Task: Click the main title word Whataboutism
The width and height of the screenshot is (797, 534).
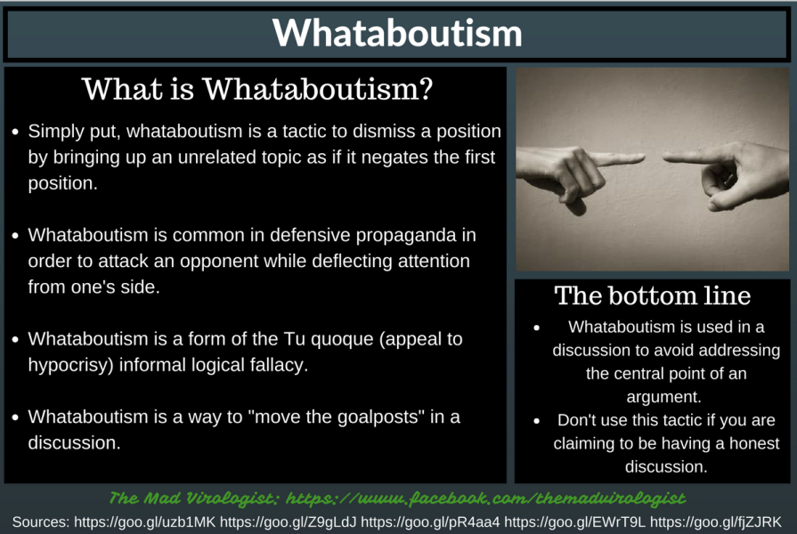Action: coord(397,33)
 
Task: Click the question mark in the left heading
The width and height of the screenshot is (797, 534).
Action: coord(426,89)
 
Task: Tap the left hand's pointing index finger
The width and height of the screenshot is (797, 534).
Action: coord(618,159)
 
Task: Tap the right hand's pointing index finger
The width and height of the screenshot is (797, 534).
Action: coord(691,157)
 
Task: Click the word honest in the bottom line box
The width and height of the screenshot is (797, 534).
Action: coord(753,443)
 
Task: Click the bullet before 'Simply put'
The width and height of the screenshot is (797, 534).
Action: coord(15,132)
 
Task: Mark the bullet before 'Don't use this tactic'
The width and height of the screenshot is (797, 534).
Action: coord(537,421)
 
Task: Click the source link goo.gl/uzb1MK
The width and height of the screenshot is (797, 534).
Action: coord(145,522)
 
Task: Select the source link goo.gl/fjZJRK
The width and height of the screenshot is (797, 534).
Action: coord(716,522)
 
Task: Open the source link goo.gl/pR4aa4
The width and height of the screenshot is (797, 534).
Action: coord(430,522)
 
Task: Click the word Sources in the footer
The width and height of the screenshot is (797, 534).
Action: coord(41,522)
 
